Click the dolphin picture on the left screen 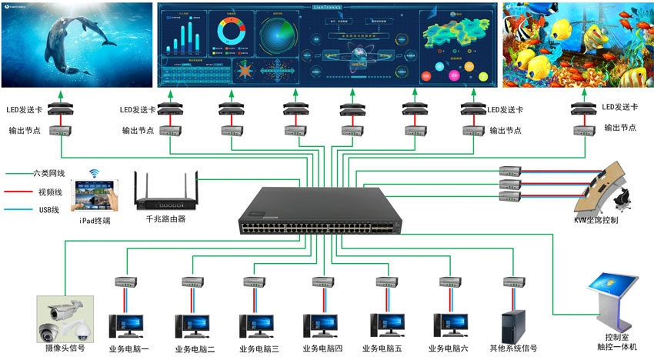(x=76, y=44)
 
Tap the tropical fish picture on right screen (x=577, y=44)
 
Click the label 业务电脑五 (x=385, y=349)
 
